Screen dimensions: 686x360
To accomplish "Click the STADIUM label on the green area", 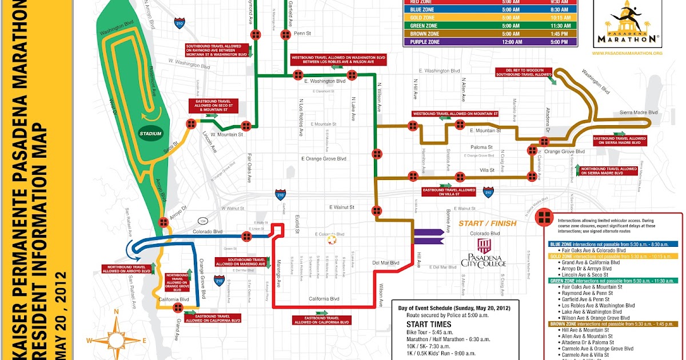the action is [x=151, y=134].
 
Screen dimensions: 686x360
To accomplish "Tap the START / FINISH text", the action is [x=487, y=223].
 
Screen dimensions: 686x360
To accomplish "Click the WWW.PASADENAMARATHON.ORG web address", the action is [x=627, y=53].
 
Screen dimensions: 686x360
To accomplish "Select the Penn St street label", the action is [x=302, y=34].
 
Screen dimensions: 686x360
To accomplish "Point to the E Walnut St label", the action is [x=342, y=207].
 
